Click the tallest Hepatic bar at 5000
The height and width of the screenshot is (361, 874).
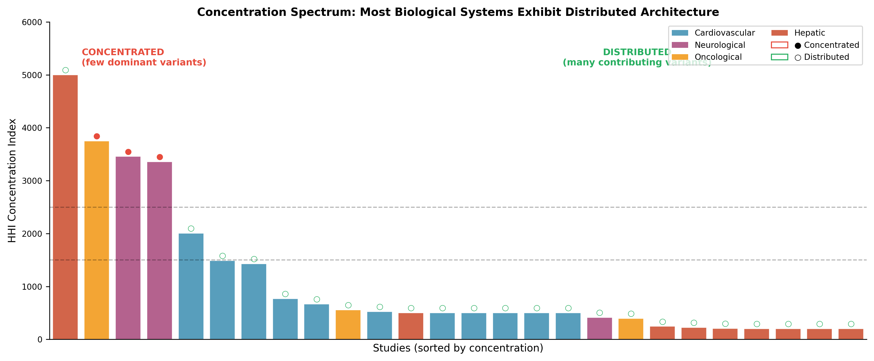point(65,207)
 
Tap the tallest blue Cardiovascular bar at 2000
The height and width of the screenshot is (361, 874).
point(191,286)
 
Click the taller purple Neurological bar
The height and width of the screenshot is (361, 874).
point(128,248)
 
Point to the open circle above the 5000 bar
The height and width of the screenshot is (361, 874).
point(65,70)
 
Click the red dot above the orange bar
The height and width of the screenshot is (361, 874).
point(97,136)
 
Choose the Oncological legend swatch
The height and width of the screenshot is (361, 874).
point(680,57)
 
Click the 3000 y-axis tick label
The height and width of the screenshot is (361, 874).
point(32,181)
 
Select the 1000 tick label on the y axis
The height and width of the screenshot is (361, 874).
point(32,287)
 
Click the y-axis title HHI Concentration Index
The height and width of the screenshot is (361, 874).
point(12,180)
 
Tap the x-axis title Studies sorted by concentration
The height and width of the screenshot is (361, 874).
point(458,348)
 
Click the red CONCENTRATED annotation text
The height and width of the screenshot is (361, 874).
point(123,52)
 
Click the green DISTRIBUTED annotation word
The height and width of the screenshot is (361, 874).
point(636,52)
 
